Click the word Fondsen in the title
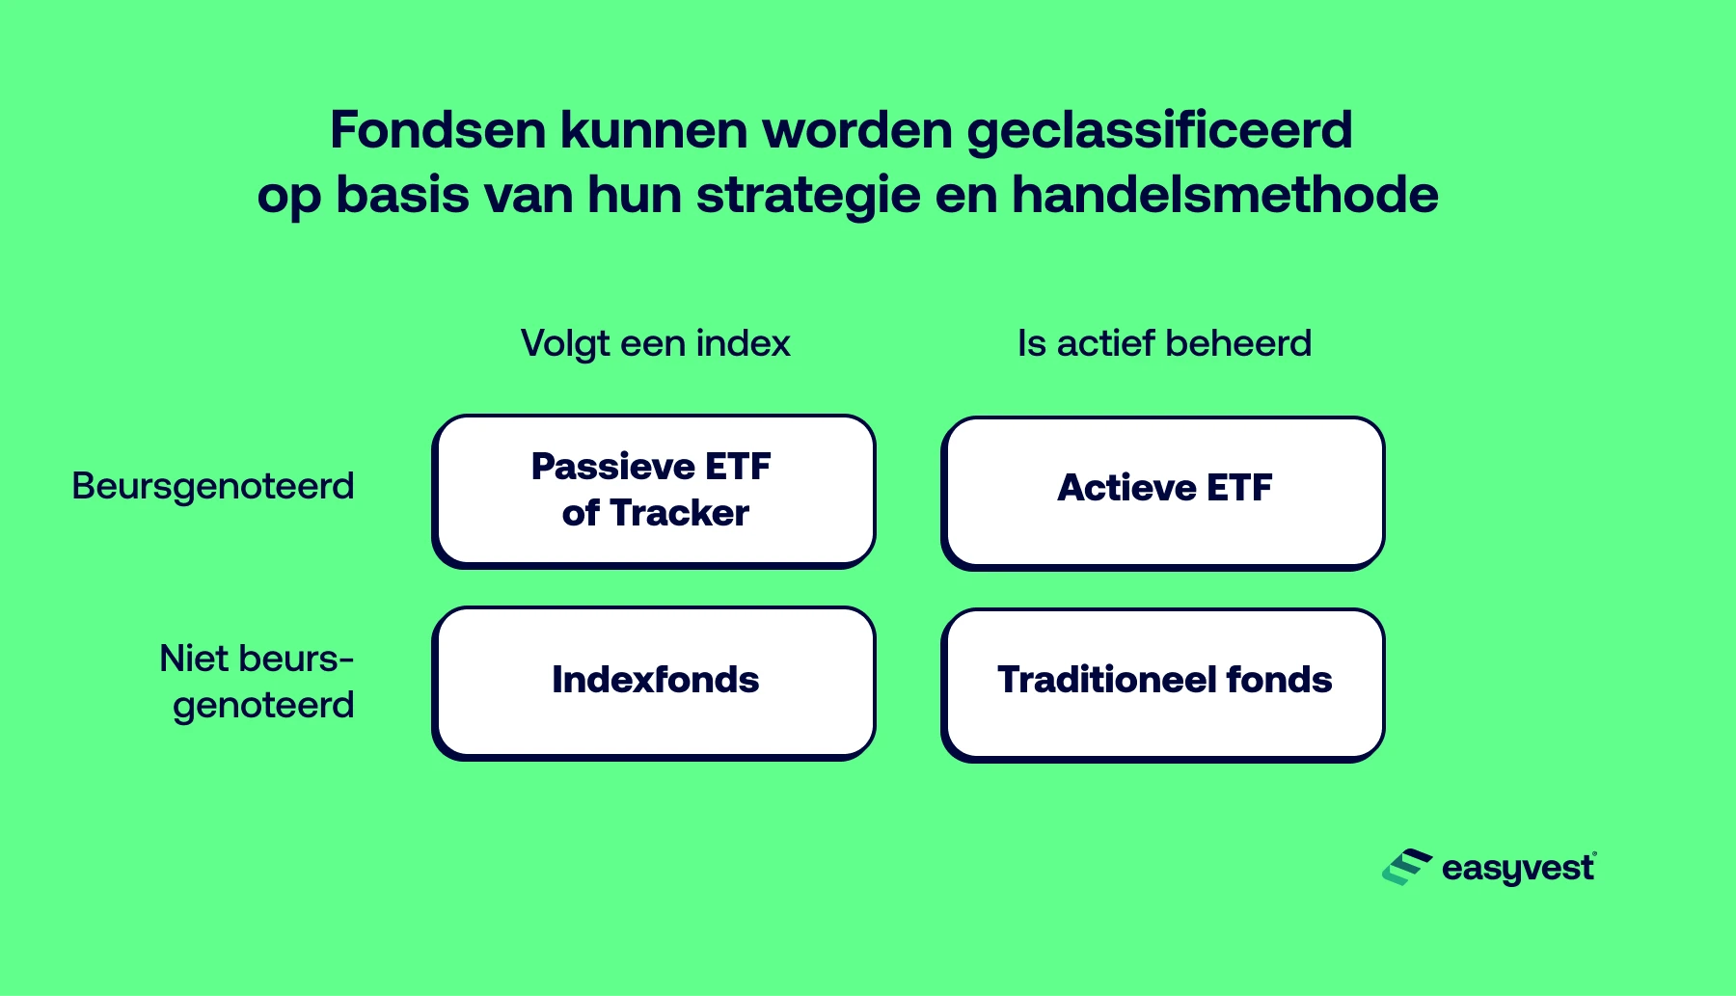[x=439, y=130]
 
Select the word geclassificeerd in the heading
[x=1159, y=132]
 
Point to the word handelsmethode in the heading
[x=1224, y=195]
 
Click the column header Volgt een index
[x=655, y=343]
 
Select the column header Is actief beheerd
[x=1164, y=343]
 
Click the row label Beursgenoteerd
[x=213, y=487]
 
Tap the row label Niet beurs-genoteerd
[x=258, y=682]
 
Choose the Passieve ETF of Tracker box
[x=654, y=490]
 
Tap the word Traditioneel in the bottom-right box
[x=1106, y=680]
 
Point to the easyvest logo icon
[x=1406, y=867]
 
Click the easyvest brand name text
[x=1517, y=869]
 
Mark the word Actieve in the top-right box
[x=1126, y=488]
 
